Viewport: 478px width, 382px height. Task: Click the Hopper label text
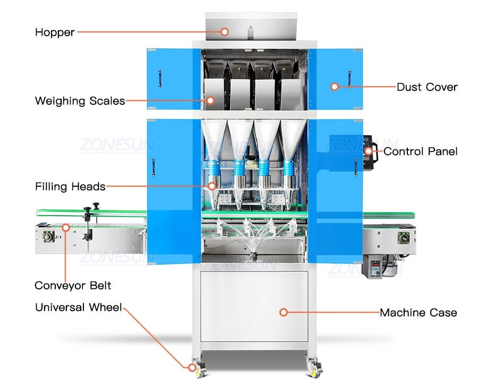point(55,32)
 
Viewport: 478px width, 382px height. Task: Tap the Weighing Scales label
point(80,101)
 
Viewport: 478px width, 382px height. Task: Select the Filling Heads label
point(70,186)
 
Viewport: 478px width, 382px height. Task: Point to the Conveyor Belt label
point(73,286)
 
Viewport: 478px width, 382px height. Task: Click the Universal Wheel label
point(79,308)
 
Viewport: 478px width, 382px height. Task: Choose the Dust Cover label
point(427,87)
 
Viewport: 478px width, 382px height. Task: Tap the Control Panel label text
point(420,152)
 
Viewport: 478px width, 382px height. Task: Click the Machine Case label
point(418,313)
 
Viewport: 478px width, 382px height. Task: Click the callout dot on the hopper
point(225,32)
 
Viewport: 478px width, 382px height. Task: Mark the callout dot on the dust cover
point(335,86)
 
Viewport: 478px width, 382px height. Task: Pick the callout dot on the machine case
point(284,312)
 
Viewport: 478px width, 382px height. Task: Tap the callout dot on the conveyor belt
point(66,228)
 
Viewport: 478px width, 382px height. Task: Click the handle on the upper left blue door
point(158,78)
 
